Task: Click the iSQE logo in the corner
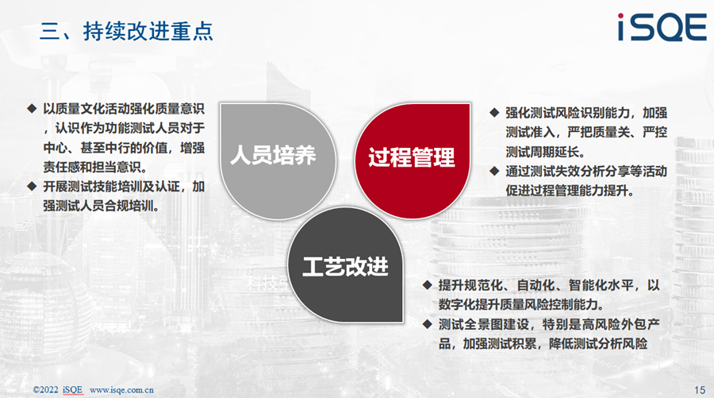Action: click(662, 27)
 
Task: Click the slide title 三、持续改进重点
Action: click(126, 32)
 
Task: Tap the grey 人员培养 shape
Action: click(278, 160)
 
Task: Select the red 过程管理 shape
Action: click(413, 160)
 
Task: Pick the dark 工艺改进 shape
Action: click(345, 265)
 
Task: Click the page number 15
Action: click(700, 390)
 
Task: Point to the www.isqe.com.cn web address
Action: click(121, 390)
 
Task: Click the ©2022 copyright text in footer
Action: click(45, 390)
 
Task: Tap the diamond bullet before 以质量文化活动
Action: click(32, 109)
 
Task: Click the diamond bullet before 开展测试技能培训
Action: click(32, 187)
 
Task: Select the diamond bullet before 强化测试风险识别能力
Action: click(494, 113)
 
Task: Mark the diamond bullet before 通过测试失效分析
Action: click(494, 172)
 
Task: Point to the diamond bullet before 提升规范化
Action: click(427, 285)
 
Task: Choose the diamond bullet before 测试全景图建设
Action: click(427, 324)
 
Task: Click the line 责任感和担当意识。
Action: click(95, 167)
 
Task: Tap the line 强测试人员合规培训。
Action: click(102, 206)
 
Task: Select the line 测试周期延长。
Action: click(545, 152)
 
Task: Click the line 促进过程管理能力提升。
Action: click(570, 191)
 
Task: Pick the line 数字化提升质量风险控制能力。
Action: click(521, 304)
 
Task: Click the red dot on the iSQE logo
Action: click(620, 17)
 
